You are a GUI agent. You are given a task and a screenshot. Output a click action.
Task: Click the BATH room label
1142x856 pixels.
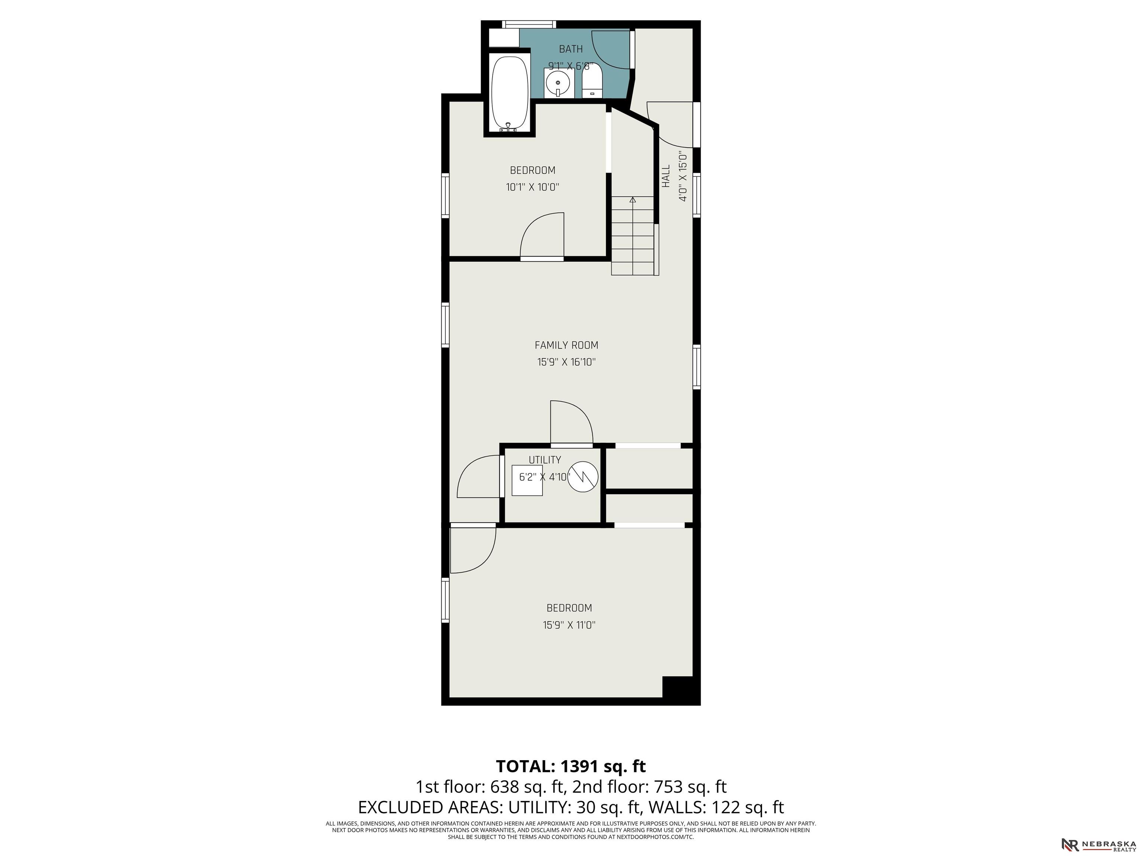click(x=571, y=49)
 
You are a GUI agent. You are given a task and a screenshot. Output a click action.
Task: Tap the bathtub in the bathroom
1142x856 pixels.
click(x=510, y=93)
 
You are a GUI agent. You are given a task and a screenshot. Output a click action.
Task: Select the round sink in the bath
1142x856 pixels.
click(x=558, y=82)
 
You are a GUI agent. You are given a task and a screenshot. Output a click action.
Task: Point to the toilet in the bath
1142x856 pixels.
click(x=592, y=82)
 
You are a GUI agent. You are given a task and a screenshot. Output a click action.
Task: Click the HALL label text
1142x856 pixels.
click(x=666, y=176)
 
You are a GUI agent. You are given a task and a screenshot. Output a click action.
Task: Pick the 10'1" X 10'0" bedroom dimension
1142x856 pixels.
click(x=532, y=187)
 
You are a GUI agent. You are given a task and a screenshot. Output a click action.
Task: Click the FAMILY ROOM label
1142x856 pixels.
click(x=567, y=345)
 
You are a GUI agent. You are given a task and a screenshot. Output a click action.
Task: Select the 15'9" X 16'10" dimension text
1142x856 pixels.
click(x=567, y=362)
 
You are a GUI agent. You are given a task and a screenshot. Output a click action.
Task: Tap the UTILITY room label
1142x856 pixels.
click(x=545, y=460)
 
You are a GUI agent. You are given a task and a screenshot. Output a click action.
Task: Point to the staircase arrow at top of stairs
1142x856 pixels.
click(x=633, y=199)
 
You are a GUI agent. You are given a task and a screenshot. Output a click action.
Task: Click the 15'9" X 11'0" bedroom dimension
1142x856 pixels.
click(x=569, y=625)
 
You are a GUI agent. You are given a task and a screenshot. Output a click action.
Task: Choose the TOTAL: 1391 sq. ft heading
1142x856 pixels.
click(x=571, y=766)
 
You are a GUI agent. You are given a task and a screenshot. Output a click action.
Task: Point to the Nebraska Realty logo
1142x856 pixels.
click(x=1099, y=844)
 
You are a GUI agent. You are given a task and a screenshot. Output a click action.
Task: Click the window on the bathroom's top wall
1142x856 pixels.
click(x=529, y=24)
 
